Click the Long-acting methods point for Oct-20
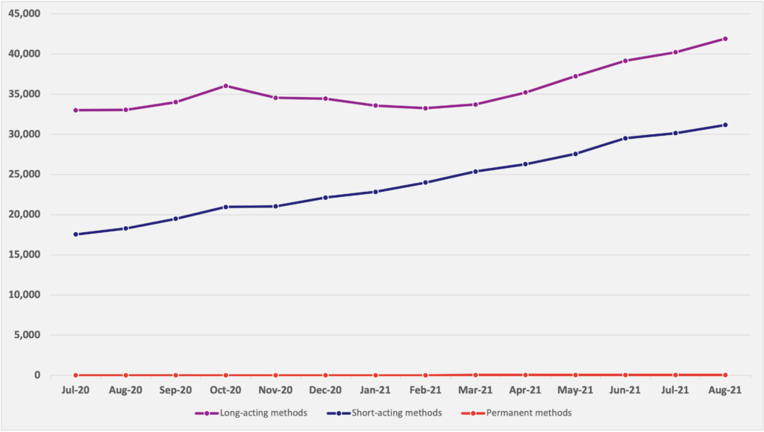pyautogui.click(x=225, y=86)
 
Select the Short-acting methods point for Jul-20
pyautogui.click(x=75, y=234)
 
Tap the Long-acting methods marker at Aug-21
pyautogui.click(x=724, y=39)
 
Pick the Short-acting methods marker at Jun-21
pyautogui.click(x=624, y=138)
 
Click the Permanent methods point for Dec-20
pyautogui.click(x=325, y=375)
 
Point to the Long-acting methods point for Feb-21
pyautogui.click(x=425, y=108)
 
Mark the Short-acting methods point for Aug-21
pyautogui.click(x=724, y=125)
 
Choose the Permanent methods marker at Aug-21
pyautogui.click(x=724, y=375)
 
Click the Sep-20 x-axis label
pyautogui.click(x=175, y=390)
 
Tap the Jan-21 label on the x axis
pyautogui.click(x=375, y=390)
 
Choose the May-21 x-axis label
pyautogui.click(x=574, y=390)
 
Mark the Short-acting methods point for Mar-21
pyautogui.click(x=475, y=172)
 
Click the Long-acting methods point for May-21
pyautogui.click(x=575, y=76)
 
